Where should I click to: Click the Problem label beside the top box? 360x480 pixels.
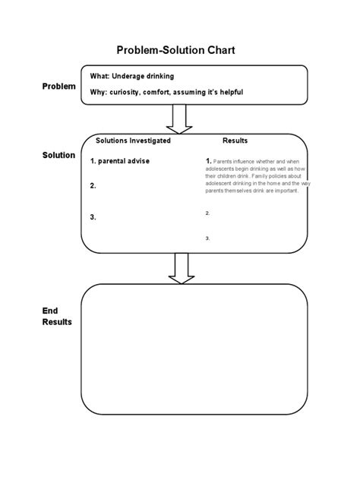58,87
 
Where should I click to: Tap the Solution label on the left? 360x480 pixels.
58,155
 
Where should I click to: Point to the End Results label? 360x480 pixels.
57,316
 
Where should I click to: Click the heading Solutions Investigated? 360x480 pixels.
133,141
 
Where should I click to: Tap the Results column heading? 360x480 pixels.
235,141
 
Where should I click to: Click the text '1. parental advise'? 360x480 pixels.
119,161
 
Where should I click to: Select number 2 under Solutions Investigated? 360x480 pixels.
93,185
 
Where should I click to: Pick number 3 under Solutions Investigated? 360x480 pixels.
93,216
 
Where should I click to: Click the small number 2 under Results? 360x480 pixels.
207,213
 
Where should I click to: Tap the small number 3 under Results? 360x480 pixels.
207,238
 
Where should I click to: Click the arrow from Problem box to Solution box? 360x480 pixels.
181,118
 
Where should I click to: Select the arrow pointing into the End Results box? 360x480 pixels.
181,268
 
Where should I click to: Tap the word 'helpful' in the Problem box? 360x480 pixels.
252,93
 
